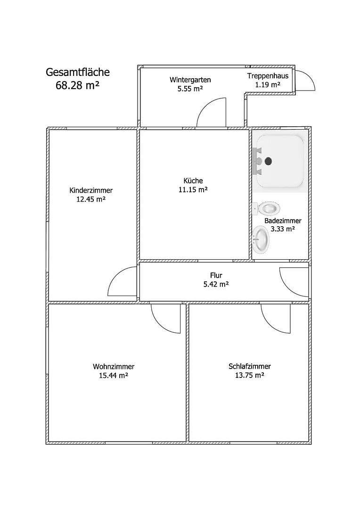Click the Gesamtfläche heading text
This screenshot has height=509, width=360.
[78, 72]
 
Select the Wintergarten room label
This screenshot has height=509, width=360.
[190, 80]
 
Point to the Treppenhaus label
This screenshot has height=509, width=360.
[268, 76]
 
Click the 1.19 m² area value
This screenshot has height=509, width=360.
[268, 85]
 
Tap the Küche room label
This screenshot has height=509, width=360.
[193, 181]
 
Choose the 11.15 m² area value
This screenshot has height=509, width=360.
[193, 189]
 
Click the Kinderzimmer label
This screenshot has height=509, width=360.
[91, 190]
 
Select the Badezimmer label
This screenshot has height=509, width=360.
[283, 221]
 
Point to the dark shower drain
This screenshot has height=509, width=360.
[269, 161]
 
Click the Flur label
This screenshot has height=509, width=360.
[216, 275]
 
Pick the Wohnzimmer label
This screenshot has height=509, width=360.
[114, 366]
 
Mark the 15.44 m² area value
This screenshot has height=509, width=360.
[114, 376]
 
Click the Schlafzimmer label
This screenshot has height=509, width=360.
[249, 366]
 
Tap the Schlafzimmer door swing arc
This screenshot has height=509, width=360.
[272, 318]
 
